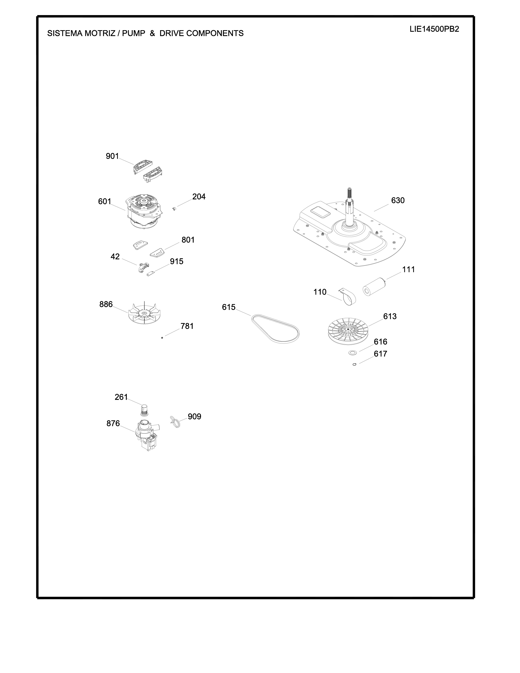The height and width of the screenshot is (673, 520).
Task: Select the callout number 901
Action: tap(112, 156)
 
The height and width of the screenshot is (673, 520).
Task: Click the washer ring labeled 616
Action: tap(352, 353)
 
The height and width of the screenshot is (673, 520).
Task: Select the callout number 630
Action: tap(398, 200)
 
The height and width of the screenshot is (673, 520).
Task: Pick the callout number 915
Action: tap(177, 261)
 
